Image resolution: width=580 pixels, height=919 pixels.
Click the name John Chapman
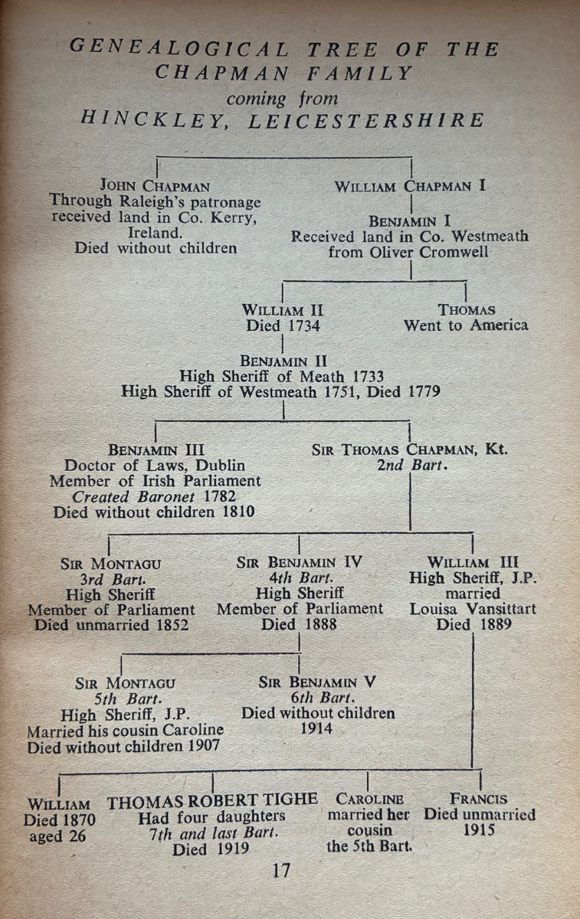click(x=155, y=186)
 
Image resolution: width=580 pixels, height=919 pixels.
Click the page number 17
click(x=282, y=870)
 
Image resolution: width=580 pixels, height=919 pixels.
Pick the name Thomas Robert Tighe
click(x=212, y=800)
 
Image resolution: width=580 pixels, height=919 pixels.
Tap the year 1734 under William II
click(x=300, y=325)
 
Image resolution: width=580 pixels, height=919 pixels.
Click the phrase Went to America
click(x=466, y=325)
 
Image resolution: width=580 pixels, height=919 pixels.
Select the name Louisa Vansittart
click(x=473, y=610)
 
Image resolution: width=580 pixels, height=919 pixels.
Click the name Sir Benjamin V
click(x=318, y=682)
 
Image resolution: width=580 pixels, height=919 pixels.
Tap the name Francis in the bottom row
click(x=479, y=799)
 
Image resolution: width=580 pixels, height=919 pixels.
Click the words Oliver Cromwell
click(x=438, y=252)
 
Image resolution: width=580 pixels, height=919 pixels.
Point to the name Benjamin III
click(x=156, y=450)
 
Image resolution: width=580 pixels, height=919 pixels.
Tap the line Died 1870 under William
click(x=59, y=819)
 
